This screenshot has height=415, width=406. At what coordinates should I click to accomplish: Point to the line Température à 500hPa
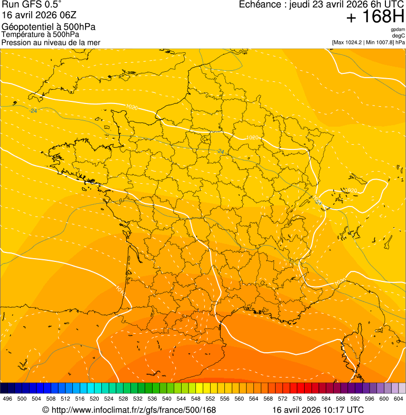(x=40, y=34)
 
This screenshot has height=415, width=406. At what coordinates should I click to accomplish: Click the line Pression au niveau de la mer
(x=51, y=42)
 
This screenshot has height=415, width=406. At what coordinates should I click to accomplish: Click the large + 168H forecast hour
(x=375, y=17)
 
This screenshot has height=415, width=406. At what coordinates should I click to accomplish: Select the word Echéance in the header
(x=258, y=5)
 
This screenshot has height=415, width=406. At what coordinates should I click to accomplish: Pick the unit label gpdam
(x=398, y=30)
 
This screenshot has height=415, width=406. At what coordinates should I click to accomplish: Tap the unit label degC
(x=399, y=35)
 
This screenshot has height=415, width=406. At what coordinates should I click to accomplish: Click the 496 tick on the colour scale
(x=7, y=399)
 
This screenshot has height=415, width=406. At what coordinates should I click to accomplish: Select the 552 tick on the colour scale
(x=210, y=399)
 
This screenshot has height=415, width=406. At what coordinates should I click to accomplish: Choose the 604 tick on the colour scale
(x=398, y=399)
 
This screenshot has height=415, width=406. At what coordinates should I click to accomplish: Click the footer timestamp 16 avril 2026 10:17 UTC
(x=318, y=410)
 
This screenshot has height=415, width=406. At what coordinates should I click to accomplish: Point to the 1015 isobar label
(x=119, y=289)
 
